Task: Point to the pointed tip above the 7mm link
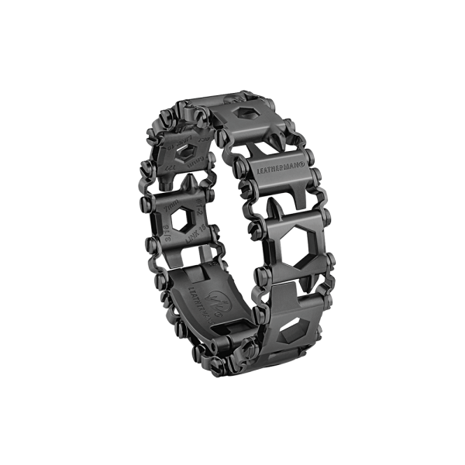[188, 181]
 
